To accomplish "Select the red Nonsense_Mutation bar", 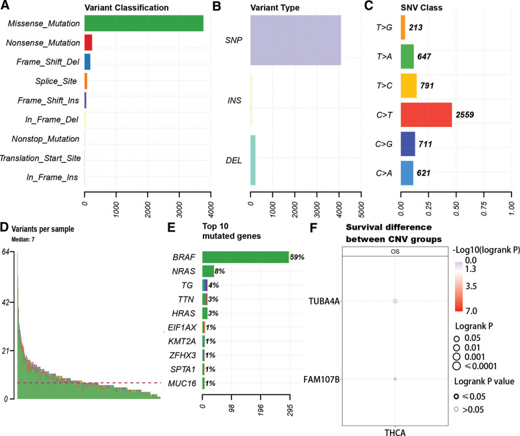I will point(88,43).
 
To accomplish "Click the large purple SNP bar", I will point(296,40).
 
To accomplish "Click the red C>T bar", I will point(426,114).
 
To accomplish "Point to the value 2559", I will point(467,114).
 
